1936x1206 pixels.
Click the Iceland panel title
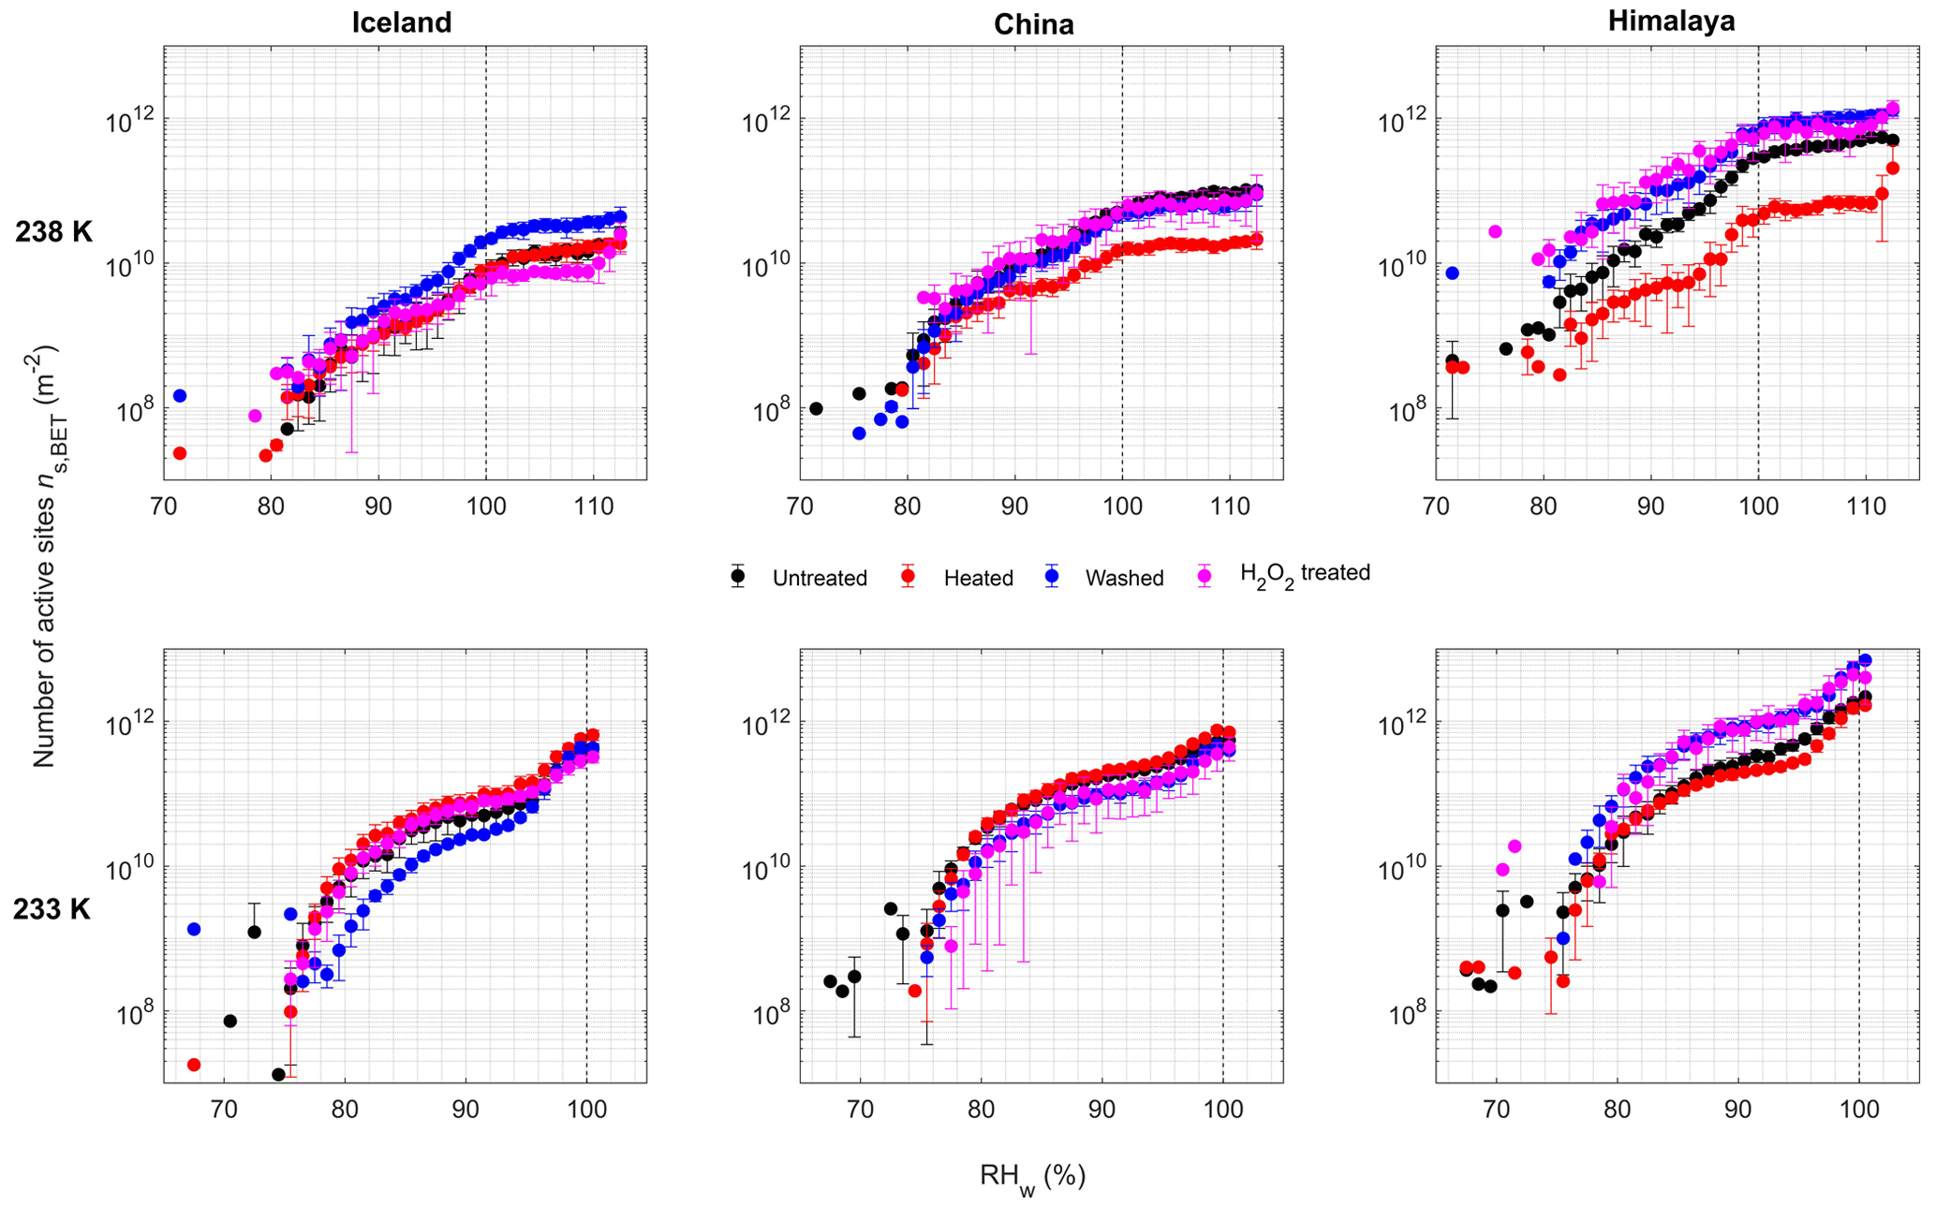[402, 22]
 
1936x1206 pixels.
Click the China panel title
[1033, 24]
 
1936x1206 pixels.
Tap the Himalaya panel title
[1671, 21]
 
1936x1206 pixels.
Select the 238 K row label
[53, 232]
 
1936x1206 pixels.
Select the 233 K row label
[52, 908]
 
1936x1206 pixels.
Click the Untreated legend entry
[820, 579]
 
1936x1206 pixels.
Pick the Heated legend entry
[978, 579]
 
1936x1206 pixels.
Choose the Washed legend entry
[1124, 579]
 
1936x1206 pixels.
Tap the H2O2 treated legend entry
[1305, 574]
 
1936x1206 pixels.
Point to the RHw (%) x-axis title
[1032, 1177]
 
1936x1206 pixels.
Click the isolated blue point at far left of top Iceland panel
[180, 396]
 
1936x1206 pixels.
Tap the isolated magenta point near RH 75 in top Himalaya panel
[1495, 231]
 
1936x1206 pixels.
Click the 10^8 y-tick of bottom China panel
[765, 1012]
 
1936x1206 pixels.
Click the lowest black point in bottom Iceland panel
[278, 1074]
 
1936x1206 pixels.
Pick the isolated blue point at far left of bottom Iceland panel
[194, 929]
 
